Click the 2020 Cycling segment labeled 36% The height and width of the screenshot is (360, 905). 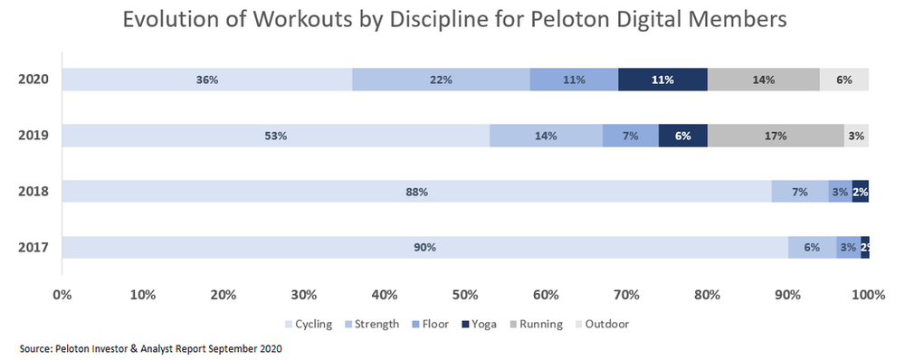(x=206, y=80)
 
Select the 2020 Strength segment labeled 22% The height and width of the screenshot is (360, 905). (x=441, y=80)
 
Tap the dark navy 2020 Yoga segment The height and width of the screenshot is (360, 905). (x=662, y=80)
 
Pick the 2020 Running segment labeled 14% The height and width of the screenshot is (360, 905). (x=763, y=80)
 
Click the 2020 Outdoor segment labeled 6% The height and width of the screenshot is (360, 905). (x=843, y=80)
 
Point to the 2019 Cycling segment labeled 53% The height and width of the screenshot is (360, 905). (x=275, y=136)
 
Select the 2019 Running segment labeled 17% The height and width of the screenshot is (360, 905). (x=776, y=136)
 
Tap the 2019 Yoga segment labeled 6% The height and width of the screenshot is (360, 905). (x=682, y=136)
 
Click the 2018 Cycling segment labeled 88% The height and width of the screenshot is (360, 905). (x=416, y=192)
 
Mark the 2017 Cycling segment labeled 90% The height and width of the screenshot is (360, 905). (x=424, y=248)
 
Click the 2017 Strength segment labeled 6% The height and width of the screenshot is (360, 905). (x=812, y=248)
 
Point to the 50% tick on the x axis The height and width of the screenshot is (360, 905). (x=465, y=294)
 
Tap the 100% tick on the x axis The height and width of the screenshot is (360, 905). (x=867, y=294)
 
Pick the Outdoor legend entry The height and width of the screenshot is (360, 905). (x=606, y=324)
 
